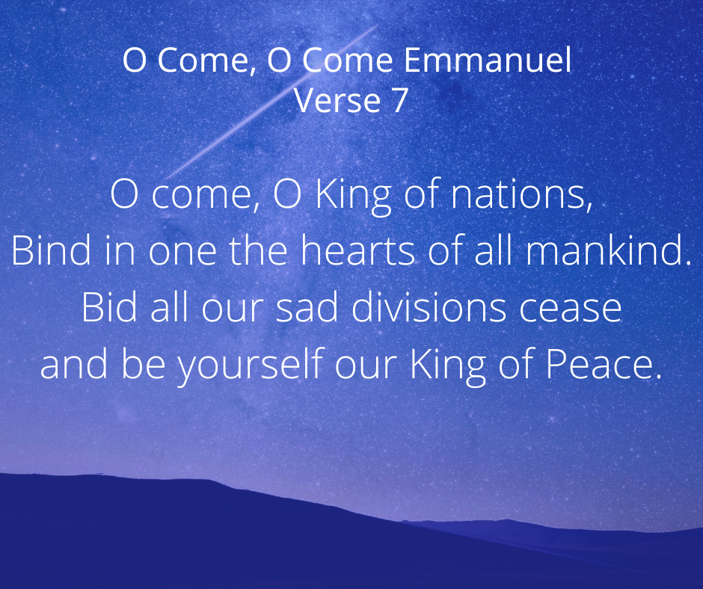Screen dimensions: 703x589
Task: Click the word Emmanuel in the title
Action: (x=488, y=60)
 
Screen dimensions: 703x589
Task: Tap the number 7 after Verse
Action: (x=399, y=100)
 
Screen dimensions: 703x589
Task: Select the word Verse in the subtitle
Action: (x=337, y=100)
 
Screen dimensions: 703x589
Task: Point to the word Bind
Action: (x=51, y=250)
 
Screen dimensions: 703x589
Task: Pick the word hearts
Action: (x=357, y=250)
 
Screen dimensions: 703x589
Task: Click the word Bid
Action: (x=109, y=307)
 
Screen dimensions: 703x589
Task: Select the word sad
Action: (x=307, y=307)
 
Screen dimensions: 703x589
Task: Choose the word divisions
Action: (x=429, y=307)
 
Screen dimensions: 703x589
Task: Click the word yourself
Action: (x=251, y=364)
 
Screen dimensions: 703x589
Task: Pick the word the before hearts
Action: (x=258, y=250)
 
